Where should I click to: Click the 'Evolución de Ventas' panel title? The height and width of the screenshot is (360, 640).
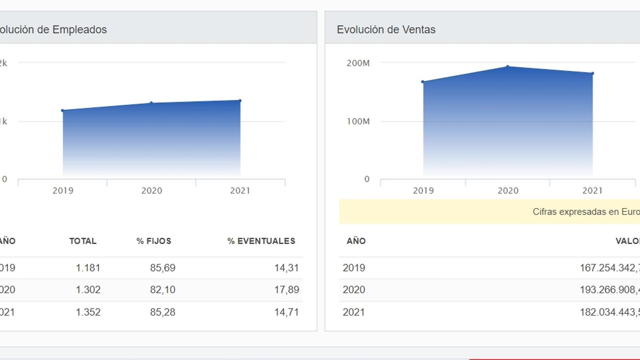click(386, 30)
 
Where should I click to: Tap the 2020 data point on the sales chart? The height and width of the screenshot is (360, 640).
click(508, 67)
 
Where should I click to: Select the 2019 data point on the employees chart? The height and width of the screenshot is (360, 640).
click(63, 110)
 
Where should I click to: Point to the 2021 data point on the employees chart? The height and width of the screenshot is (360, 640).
click(240, 101)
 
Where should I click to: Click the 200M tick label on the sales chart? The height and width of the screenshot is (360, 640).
click(358, 63)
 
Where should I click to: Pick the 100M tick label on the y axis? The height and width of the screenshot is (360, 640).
click(358, 122)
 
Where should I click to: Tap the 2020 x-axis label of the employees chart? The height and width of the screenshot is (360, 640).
click(152, 191)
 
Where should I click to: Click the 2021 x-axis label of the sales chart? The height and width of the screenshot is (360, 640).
click(592, 191)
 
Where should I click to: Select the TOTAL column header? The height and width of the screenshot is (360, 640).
click(83, 241)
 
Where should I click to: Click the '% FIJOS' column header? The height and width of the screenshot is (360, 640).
click(154, 241)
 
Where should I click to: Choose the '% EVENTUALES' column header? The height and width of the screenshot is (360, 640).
click(261, 241)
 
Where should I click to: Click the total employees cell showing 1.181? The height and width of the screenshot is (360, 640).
click(88, 268)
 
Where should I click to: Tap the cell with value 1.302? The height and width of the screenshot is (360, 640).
click(88, 290)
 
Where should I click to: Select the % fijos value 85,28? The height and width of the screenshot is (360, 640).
click(162, 312)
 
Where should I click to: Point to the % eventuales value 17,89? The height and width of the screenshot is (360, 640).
click(286, 290)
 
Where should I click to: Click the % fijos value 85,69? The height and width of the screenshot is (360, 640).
click(162, 268)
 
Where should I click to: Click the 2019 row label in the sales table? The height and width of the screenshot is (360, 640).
click(354, 268)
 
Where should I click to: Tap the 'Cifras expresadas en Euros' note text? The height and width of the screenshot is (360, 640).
click(586, 212)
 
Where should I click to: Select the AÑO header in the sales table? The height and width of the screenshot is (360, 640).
click(356, 241)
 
